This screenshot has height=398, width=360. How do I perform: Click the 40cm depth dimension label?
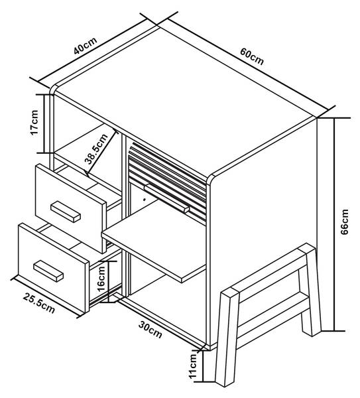(86, 46)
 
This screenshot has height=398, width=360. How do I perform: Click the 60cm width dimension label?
(252, 56)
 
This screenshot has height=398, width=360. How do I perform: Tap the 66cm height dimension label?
(344, 222)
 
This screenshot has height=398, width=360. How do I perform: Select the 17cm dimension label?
(34, 123)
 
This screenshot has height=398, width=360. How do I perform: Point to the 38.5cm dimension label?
(96, 149)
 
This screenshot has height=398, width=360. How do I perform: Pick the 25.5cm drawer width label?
(39, 303)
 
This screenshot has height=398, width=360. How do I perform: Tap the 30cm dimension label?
(150, 330)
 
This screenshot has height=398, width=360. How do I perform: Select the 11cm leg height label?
(193, 366)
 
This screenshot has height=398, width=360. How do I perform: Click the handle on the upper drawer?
(66, 212)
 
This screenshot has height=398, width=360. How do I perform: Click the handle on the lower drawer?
(48, 271)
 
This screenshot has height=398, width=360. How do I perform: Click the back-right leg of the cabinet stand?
(310, 289)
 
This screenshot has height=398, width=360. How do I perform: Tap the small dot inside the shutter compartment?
(145, 200)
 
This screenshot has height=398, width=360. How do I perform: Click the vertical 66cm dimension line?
(334, 224)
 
